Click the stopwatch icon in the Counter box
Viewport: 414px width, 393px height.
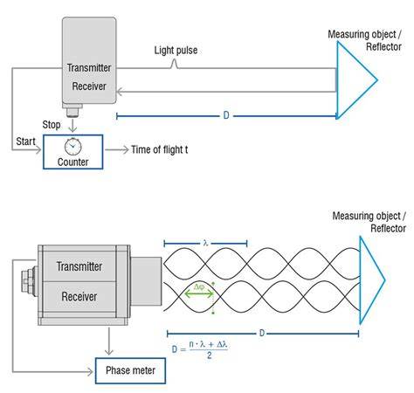pos(72,146)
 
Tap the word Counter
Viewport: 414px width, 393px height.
pos(72,162)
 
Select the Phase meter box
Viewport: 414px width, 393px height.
pos(130,370)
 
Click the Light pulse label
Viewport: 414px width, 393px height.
pos(176,51)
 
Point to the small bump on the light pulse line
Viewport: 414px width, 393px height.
pos(174,64)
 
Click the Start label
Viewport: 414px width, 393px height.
pos(25,141)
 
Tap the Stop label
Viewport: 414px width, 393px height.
pos(52,125)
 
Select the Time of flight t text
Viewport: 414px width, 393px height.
pos(160,149)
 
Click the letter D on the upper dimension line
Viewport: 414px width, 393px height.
pos(226,115)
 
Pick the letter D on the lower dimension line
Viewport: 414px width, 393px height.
pos(262,333)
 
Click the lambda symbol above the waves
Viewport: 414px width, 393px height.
pos(206,243)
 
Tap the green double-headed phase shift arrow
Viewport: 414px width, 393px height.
pos(199,294)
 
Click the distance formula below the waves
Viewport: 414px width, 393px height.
pos(200,349)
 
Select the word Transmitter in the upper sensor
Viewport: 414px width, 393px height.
pos(89,68)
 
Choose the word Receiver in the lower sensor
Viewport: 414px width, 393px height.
pos(79,297)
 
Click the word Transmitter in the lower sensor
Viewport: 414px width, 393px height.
pos(79,266)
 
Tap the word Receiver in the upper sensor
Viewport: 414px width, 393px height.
pos(89,86)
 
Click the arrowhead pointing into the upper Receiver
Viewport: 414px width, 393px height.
pos(120,92)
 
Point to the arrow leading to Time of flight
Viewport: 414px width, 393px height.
pos(117,150)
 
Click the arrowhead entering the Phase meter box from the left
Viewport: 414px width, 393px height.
pos(90,372)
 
